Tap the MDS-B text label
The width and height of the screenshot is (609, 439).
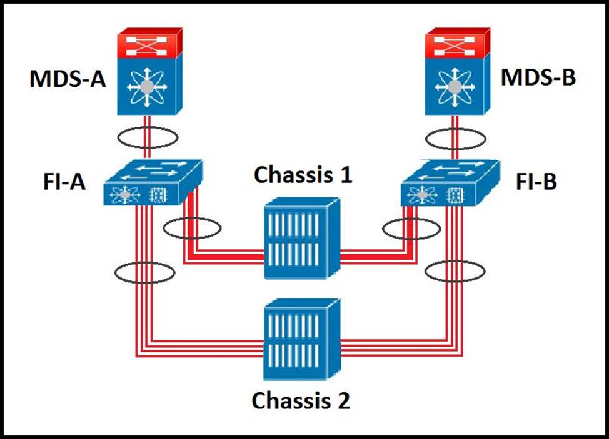coord(539,79)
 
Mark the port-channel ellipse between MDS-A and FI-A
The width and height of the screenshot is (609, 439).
coord(149,137)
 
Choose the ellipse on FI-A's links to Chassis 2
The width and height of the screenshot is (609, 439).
coord(144,272)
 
